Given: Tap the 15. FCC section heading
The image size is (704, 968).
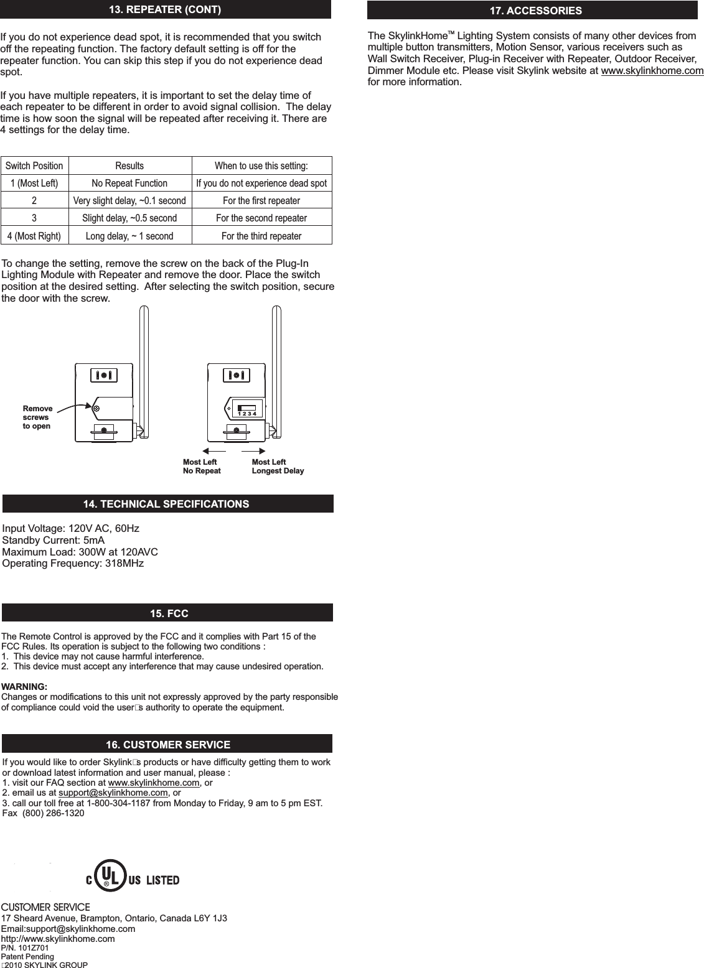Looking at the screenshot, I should (x=169, y=613).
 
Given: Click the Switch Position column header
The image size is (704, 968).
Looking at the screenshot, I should (x=34, y=166).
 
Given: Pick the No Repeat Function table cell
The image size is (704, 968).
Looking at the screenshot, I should (x=129, y=184).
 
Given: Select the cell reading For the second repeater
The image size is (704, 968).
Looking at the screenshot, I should (x=261, y=218).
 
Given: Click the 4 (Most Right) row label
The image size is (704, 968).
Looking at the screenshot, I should (x=34, y=236).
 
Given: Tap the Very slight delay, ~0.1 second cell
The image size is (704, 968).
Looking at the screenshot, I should (x=129, y=201).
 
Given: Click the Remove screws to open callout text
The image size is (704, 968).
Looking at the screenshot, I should (x=37, y=417).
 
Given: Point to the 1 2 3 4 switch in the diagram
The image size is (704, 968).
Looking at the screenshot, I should (x=248, y=411).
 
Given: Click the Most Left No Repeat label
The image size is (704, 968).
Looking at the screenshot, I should (x=202, y=467).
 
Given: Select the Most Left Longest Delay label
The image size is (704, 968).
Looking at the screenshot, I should (x=278, y=467).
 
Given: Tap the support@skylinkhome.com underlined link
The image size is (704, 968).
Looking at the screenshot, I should (x=118, y=793).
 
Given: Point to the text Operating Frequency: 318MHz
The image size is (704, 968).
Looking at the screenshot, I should (x=73, y=564).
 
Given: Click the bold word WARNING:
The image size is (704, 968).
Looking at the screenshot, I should (x=25, y=687).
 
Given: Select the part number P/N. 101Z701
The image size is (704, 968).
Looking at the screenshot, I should (x=25, y=947).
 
